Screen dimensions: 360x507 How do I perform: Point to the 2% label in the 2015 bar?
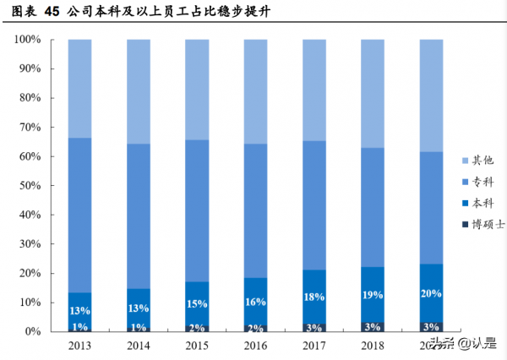pos(197,327)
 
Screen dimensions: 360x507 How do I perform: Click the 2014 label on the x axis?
pos(138,346)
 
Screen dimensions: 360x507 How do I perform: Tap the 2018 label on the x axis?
pos(372,346)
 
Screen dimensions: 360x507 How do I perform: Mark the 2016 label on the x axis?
pos(255,346)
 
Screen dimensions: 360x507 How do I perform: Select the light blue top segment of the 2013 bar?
pos(79,89)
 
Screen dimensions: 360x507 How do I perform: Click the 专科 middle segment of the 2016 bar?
pos(255,211)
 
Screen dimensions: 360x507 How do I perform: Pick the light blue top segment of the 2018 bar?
pos(372,93)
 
